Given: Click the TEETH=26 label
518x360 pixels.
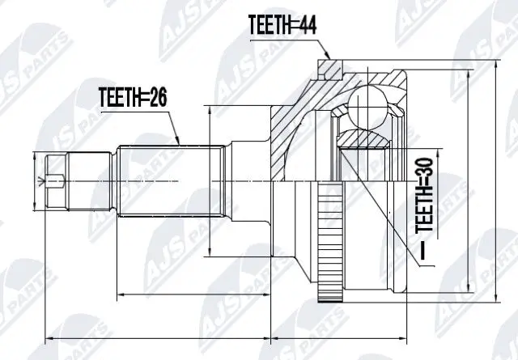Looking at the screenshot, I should point(134,99).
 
